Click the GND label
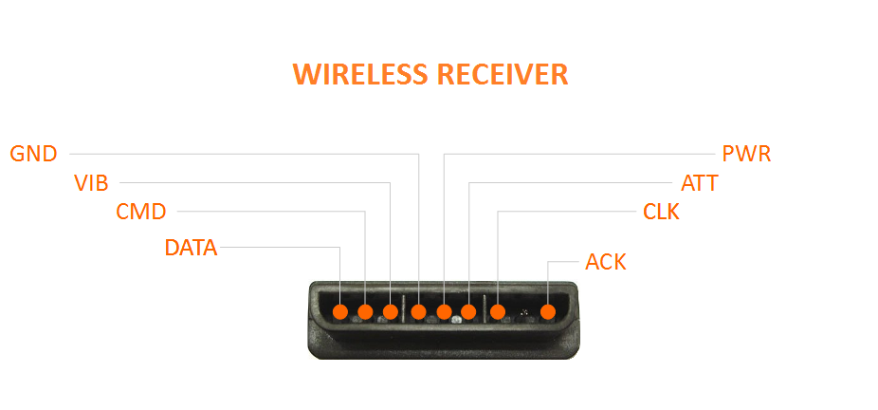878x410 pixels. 33,153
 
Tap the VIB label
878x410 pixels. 91,183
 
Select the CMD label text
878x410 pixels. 141,212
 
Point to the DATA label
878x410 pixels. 191,249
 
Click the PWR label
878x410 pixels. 746,153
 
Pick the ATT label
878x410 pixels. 700,183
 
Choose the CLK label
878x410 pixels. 661,212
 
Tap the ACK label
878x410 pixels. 606,262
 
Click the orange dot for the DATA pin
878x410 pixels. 340,311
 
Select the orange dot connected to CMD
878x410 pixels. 365,311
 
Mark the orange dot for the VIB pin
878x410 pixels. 390,311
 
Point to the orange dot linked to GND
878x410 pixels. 419,311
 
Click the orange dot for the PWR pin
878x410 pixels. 444,311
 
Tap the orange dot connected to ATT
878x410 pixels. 468,311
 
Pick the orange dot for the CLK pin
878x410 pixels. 498,311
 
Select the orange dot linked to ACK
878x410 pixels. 548,311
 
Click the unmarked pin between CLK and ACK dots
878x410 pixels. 523,312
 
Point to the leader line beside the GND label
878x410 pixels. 237,153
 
